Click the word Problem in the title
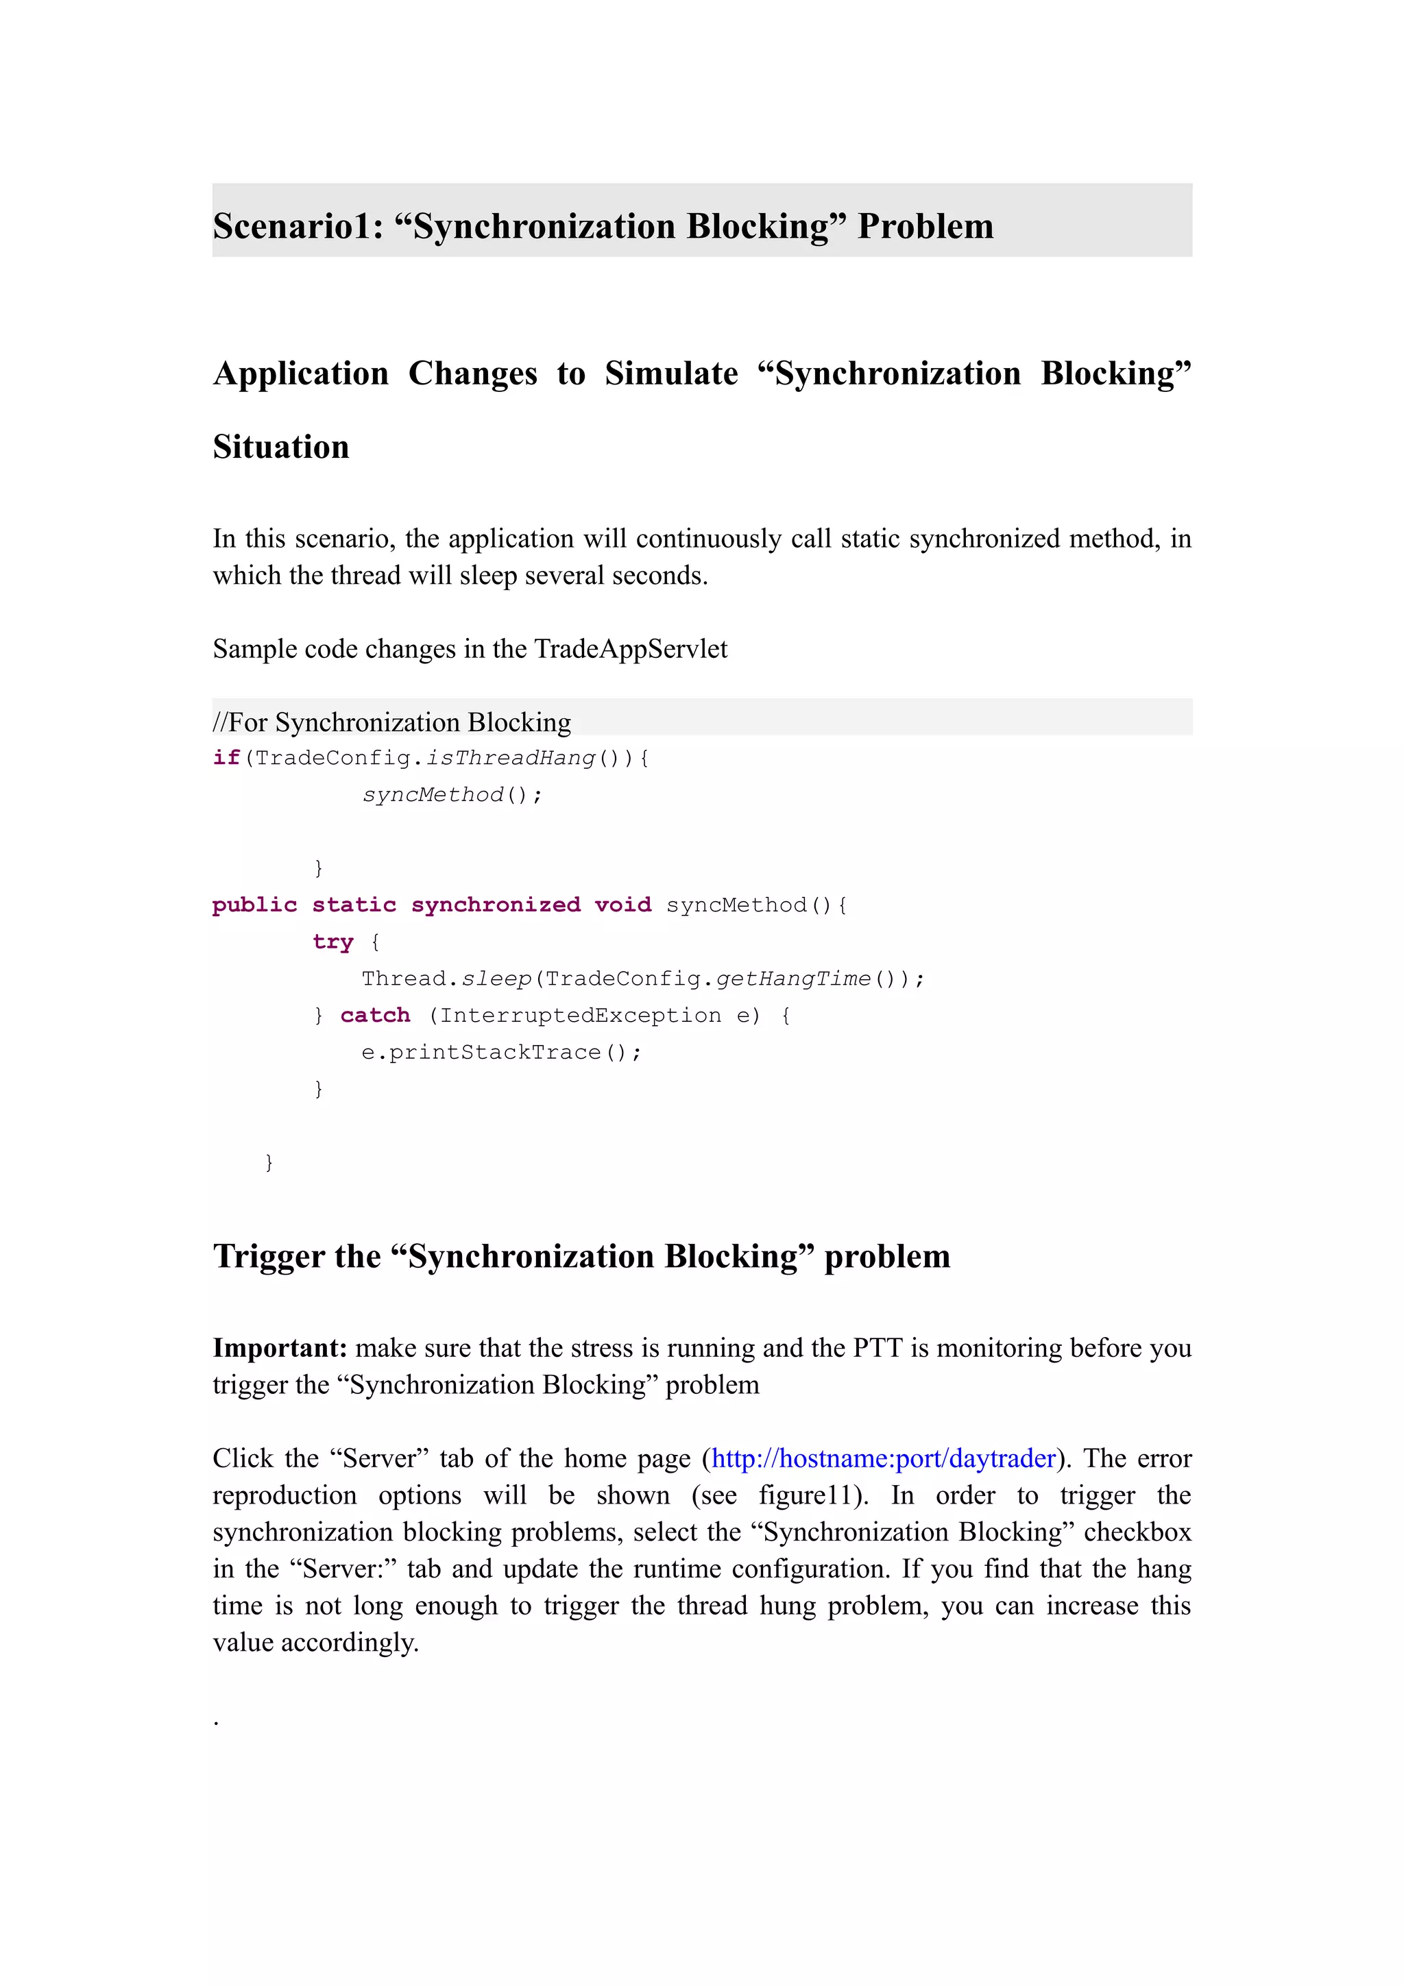pos(925,227)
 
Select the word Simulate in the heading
pos(670,373)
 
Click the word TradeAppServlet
pos(631,649)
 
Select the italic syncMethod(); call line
pos(452,795)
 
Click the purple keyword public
pos(254,905)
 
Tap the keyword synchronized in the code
pos(495,905)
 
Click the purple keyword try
pos(333,942)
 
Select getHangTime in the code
pos(793,979)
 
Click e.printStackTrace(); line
pos(501,1053)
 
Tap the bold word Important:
pos(280,1349)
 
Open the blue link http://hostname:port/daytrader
pos(883,1459)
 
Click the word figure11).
pos(813,1495)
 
